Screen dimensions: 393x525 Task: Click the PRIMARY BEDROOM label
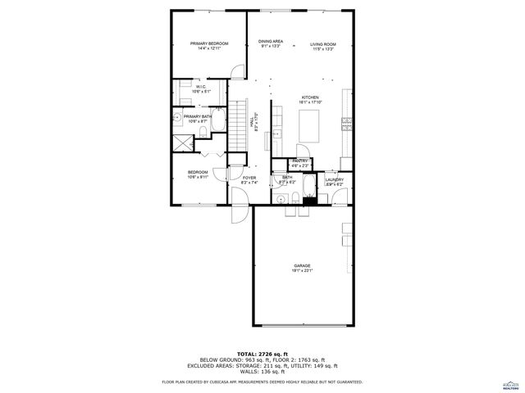pyautogui.click(x=209, y=43)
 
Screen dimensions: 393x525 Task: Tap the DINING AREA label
pyautogui.click(x=271, y=42)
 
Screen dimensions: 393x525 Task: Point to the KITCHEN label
pyautogui.click(x=309, y=97)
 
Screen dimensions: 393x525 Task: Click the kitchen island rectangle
pyautogui.click(x=311, y=126)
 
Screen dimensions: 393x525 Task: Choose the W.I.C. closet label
pyautogui.click(x=201, y=87)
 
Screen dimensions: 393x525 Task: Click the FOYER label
pyautogui.click(x=249, y=178)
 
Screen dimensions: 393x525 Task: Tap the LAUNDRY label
pyautogui.click(x=334, y=179)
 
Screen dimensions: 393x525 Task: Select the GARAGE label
pyautogui.click(x=303, y=265)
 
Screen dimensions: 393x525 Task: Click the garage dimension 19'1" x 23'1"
pyautogui.click(x=303, y=271)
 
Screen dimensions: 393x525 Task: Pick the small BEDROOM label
pyautogui.click(x=198, y=172)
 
